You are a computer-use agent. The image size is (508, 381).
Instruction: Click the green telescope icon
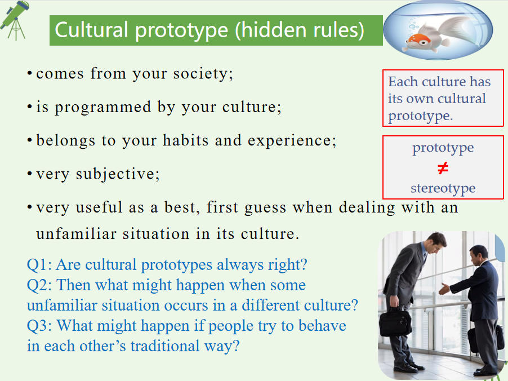15,20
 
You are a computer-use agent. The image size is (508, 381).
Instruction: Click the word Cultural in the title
91,30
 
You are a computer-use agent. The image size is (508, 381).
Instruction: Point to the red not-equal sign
443,168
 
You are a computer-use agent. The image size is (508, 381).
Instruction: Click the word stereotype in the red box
443,188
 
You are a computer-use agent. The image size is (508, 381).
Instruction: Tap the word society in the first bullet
203,74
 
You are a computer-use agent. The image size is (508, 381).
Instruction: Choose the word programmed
103,108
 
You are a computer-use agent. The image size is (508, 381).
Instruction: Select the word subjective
118,175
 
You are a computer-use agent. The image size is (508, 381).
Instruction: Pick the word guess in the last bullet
265,208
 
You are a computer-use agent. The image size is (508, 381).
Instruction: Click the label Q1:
39,264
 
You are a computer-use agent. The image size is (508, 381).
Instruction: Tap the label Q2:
39,285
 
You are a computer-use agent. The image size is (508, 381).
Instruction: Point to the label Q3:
39,326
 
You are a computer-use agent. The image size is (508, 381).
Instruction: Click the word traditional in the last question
165,345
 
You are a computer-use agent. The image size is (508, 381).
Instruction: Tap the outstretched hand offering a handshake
444,289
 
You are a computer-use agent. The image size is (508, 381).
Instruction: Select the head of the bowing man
436,242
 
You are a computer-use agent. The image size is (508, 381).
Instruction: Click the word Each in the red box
403,82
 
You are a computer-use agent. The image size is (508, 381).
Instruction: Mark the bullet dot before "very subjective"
29,174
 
